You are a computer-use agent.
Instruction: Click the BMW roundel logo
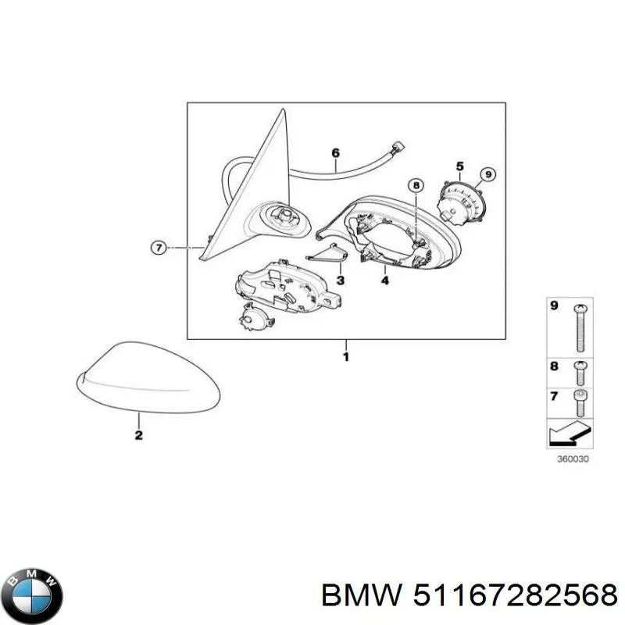pyautogui.click(x=35, y=596)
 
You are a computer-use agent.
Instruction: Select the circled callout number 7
pyautogui.click(x=159, y=248)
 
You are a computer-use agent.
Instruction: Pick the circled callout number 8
pyautogui.click(x=416, y=185)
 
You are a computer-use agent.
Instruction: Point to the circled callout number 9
pyautogui.click(x=487, y=174)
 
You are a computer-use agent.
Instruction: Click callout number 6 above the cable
pyautogui.click(x=336, y=152)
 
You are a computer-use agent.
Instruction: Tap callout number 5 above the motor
pyautogui.click(x=460, y=166)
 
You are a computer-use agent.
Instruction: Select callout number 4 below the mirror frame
pyautogui.click(x=384, y=280)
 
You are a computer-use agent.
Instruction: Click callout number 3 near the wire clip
pyautogui.click(x=340, y=280)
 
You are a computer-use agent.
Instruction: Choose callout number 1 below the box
pyautogui.click(x=346, y=357)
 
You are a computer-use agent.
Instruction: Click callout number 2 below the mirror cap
pyautogui.click(x=138, y=435)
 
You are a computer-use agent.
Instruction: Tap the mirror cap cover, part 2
pyautogui.click(x=148, y=376)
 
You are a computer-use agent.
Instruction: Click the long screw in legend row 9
pyautogui.click(x=580, y=328)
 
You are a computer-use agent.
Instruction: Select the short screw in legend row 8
pyautogui.click(x=580, y=373)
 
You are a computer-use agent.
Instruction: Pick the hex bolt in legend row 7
pyautogui.click(x=580, y=403)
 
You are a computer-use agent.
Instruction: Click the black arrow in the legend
pyautogui.click(x=570, y=436)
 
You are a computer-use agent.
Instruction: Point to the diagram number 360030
pyautogui.click(x=573, y=459)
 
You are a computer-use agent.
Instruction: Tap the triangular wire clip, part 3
pyautogui.click(x=327, y=255)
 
